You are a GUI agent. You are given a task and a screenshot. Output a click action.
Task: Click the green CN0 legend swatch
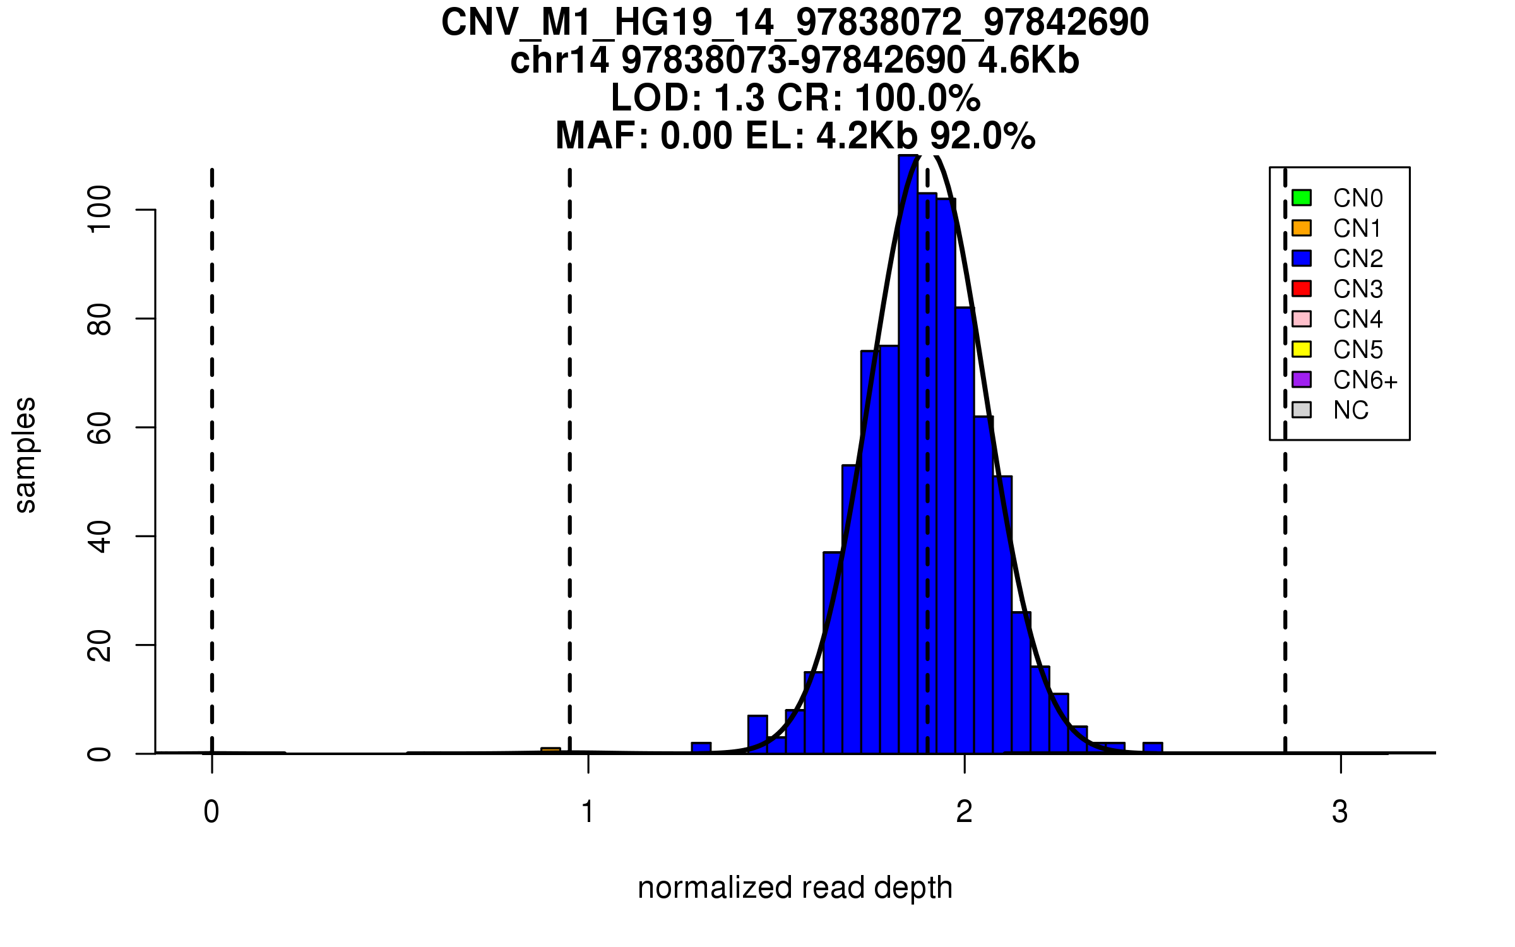click(1302, 198)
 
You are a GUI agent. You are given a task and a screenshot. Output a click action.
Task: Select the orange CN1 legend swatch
click(1302, 228)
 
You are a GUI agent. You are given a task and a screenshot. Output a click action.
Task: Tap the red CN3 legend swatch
click(1302, 289)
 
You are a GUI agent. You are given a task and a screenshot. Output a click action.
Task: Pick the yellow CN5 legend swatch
click(1302, 349)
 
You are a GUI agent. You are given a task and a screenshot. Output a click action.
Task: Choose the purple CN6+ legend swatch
click(1302, 379)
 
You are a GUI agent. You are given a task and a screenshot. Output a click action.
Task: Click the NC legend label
click(1350, 410)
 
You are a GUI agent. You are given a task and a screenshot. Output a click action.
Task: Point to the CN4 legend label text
click(1357, 319)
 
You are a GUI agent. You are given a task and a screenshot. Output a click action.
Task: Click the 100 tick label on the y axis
click(100, 210)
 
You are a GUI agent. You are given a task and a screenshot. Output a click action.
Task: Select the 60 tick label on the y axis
click(100, 428)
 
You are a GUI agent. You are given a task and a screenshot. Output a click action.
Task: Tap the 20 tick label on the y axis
click(100, 645)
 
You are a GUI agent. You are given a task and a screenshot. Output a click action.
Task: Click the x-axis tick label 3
click(1340, 812)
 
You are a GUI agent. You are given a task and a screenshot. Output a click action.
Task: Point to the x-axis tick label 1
click(588, 812)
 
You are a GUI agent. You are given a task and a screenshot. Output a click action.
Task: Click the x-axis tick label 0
click(211, 812)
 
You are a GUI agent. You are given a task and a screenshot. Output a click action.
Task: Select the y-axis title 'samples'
click(25, 455)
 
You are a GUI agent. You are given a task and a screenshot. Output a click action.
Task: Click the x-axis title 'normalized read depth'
click(795, 888)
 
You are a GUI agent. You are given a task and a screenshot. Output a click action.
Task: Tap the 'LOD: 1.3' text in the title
click(687, 98)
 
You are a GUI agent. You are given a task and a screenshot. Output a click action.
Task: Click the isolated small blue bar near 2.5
click(1152, 748)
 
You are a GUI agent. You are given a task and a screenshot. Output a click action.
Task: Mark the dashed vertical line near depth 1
click(569, 442)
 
